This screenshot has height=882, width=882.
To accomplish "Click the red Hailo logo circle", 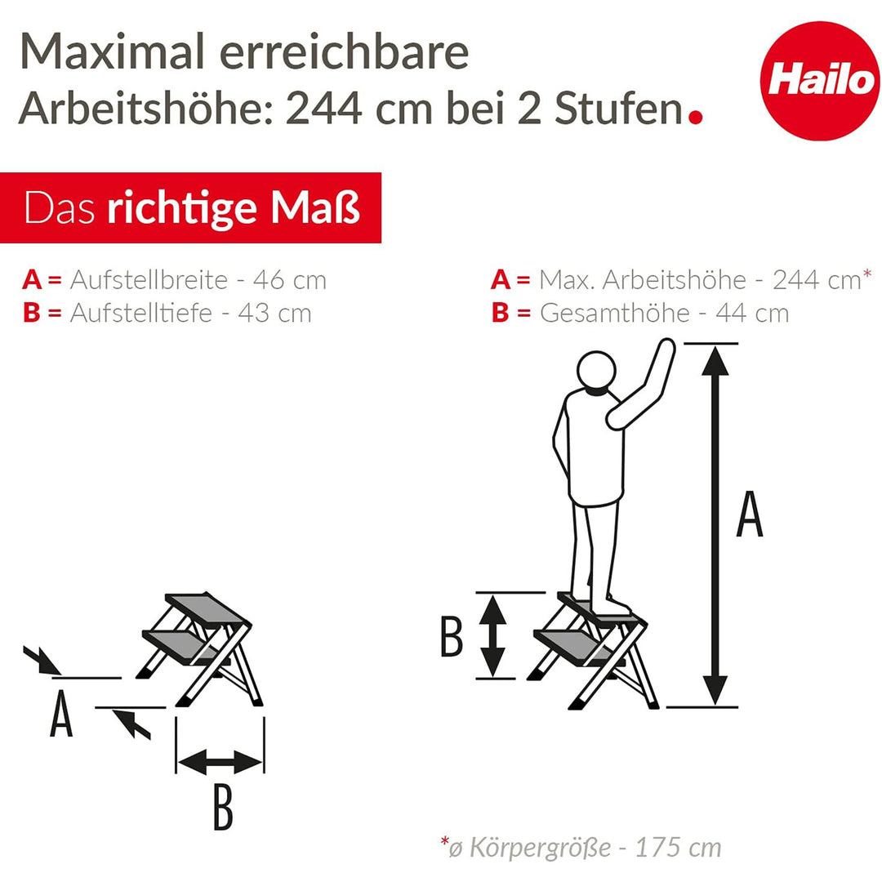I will click(x=819, y=82).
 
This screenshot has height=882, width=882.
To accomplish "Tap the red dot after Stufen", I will click(x=695, y=117).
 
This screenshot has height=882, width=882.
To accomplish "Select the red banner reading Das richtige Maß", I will click(x=190, y=208).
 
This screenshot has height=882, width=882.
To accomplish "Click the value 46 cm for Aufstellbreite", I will click(x=290, y=280).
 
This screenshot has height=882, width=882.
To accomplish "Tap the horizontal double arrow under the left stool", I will click(x=220, y=763).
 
